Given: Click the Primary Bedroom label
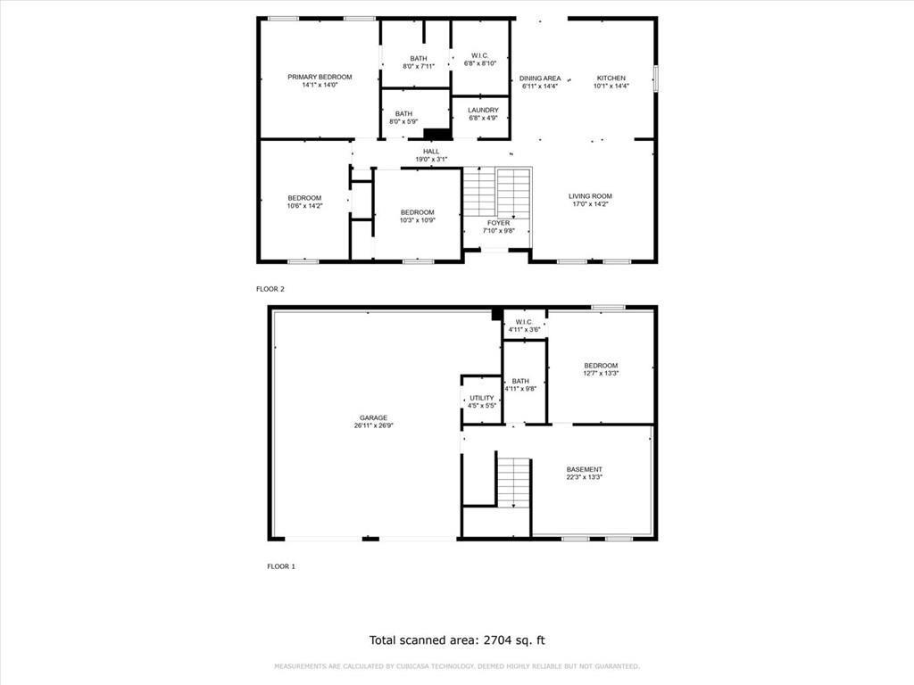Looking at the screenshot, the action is [320, 77].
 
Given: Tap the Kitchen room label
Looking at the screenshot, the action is [611, 78].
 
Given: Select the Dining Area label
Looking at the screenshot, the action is [540, 78].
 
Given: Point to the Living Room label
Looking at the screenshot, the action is [590, 196].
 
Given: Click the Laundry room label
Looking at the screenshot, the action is [483, 110].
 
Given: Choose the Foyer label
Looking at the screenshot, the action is [498, 223].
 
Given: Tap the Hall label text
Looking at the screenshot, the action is [431, 152].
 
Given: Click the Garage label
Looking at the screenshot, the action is [373, 417].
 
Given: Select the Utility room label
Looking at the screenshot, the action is [481, 398].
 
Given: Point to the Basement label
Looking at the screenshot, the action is [584, 469].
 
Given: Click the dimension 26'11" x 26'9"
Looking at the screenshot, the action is [374, 425].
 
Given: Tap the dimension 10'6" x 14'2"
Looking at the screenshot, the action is [304, 206].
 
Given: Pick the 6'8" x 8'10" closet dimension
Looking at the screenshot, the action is [479, 63].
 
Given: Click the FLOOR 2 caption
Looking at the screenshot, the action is [270, 289].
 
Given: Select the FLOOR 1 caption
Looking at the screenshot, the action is [281, 566].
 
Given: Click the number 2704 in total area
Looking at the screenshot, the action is [496, 640].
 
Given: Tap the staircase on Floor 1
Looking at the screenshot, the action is [513, 483].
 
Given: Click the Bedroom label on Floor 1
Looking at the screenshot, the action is [601, 366].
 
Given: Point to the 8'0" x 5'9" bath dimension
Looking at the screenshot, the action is [403, 121].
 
